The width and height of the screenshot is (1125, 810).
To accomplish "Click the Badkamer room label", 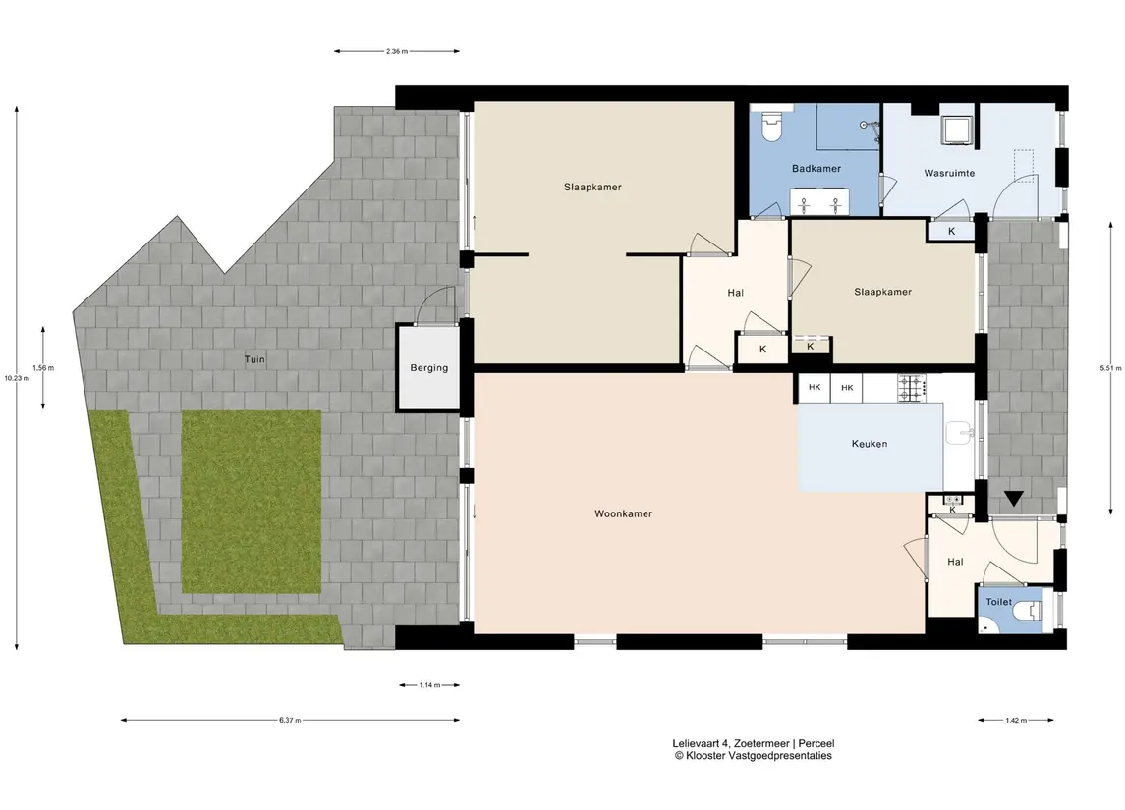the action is pos(816,169).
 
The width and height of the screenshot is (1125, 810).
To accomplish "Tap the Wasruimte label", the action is pos(949,173).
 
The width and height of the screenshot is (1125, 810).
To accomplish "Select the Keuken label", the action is pos(870,444).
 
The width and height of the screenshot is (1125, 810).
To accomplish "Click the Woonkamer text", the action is pos(624,513).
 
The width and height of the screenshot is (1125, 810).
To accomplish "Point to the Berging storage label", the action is pos(429,368).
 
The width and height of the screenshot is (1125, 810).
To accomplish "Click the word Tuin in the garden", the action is pos(254,359).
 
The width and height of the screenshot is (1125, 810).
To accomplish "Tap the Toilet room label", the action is pos(998,602).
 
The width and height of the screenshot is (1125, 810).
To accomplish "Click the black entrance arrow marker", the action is pos(1013,498).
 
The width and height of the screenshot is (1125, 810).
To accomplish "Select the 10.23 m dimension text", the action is pos(17,378).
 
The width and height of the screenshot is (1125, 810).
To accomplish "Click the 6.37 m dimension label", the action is pos(290,720).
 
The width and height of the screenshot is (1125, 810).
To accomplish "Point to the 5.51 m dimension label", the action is pos(1110,368).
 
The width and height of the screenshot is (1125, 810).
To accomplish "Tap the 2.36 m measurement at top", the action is pos(397,51).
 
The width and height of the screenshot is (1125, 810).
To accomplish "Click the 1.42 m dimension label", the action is pos(1016,720).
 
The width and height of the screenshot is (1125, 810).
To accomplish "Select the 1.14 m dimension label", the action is pos(429,685).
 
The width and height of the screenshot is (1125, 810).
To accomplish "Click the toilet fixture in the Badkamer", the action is pos(772,126).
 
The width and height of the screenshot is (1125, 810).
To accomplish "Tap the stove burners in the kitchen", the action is pos(911,388).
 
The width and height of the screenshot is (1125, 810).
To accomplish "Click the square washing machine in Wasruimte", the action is pos(957,130).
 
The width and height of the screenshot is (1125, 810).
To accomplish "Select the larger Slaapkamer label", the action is pos(592,188).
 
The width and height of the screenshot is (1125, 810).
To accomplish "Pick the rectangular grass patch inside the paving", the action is pos(252,502).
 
